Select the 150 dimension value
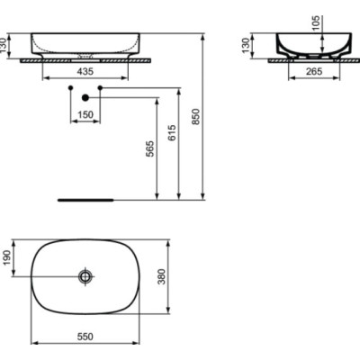coord(85,115)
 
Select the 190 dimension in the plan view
coord(8,258)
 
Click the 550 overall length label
coord(85,335)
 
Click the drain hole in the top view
coord(85,276)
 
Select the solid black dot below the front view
coord(85,95)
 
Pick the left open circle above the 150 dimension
coord(70,86)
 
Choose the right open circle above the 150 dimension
coord(100,86)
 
